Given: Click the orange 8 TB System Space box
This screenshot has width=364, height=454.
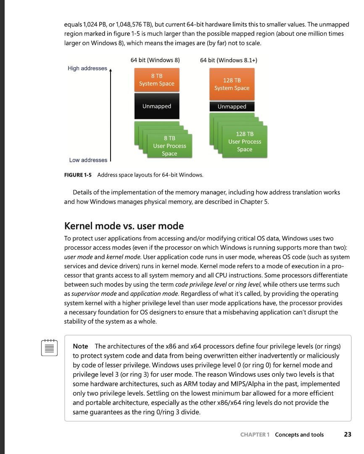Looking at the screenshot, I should point(156,80).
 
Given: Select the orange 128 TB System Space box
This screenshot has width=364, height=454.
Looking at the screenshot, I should point(232,84).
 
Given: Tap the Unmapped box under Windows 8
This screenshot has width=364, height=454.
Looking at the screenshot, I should point(156,106).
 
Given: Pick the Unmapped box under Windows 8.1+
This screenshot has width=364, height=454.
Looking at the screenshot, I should point(232,107).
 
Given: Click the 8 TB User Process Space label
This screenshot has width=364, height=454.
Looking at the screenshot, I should point(169,146).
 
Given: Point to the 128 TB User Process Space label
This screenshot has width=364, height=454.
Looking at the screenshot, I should point(245,142).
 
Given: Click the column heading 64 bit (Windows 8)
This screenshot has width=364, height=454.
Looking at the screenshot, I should point(155,60).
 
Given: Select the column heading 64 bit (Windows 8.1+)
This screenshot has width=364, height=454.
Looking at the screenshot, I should point(229,60).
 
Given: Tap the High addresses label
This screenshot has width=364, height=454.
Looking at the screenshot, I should point(87,69).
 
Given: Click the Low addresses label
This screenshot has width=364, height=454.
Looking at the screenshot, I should point(88,160).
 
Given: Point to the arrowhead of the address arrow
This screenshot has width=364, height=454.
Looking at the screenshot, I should point(111,70).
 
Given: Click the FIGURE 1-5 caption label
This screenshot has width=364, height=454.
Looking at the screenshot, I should point(78,175).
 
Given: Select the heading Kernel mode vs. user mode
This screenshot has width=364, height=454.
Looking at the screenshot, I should point(124,226).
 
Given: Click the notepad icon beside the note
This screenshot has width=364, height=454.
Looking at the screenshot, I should point(49,348).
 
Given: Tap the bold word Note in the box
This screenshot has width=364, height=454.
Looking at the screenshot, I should point(80,346).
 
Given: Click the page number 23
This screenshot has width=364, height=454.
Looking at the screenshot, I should point(347,435).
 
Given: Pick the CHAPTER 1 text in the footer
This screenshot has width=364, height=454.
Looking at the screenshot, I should point(255,435).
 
